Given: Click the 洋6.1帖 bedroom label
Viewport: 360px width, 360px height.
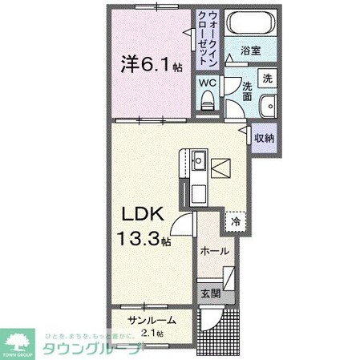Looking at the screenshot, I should point(145,65).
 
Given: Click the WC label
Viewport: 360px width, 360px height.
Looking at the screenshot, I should point(208,83).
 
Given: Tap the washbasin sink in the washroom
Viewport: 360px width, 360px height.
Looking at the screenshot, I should point(268,104).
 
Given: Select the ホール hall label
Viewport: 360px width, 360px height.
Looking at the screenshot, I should point(216,252).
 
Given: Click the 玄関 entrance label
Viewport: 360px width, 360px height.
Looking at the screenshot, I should point(209,293).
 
